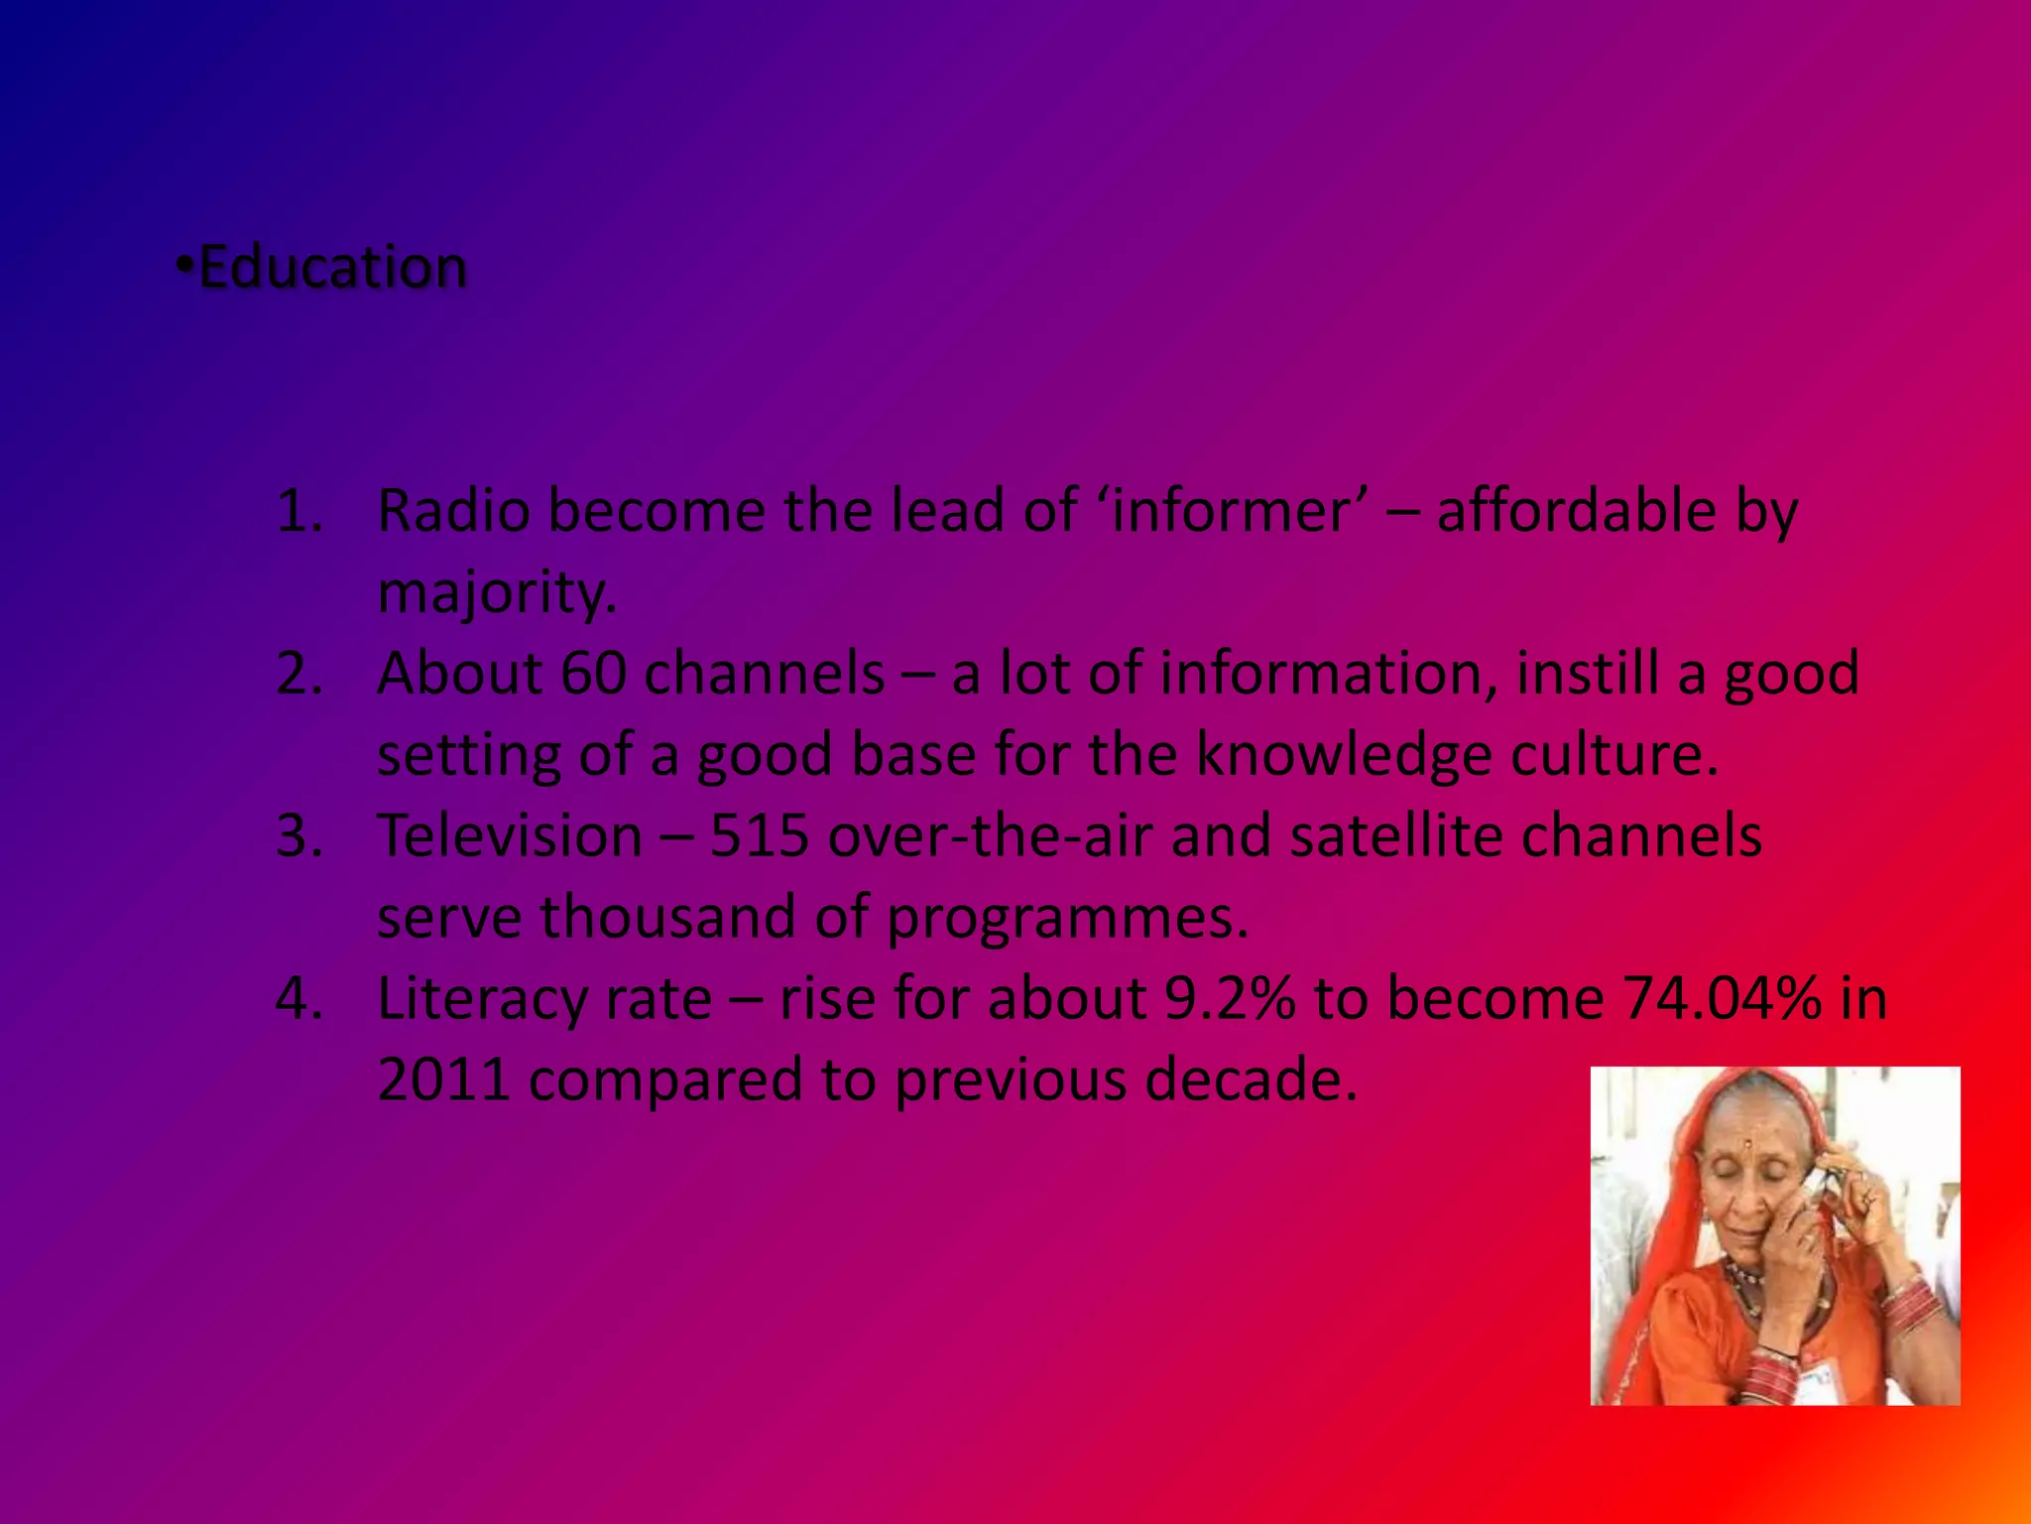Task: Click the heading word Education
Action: click(333, 268)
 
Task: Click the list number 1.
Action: click(299, 512)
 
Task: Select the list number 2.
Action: click(299, 674)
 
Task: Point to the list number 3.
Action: click(299, 835)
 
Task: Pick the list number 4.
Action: click(299, 998)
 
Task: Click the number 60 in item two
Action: click(593, 674)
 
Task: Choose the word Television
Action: click(510, 835)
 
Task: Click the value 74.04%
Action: click(1722, 998)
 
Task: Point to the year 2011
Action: click(443, 1079)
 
